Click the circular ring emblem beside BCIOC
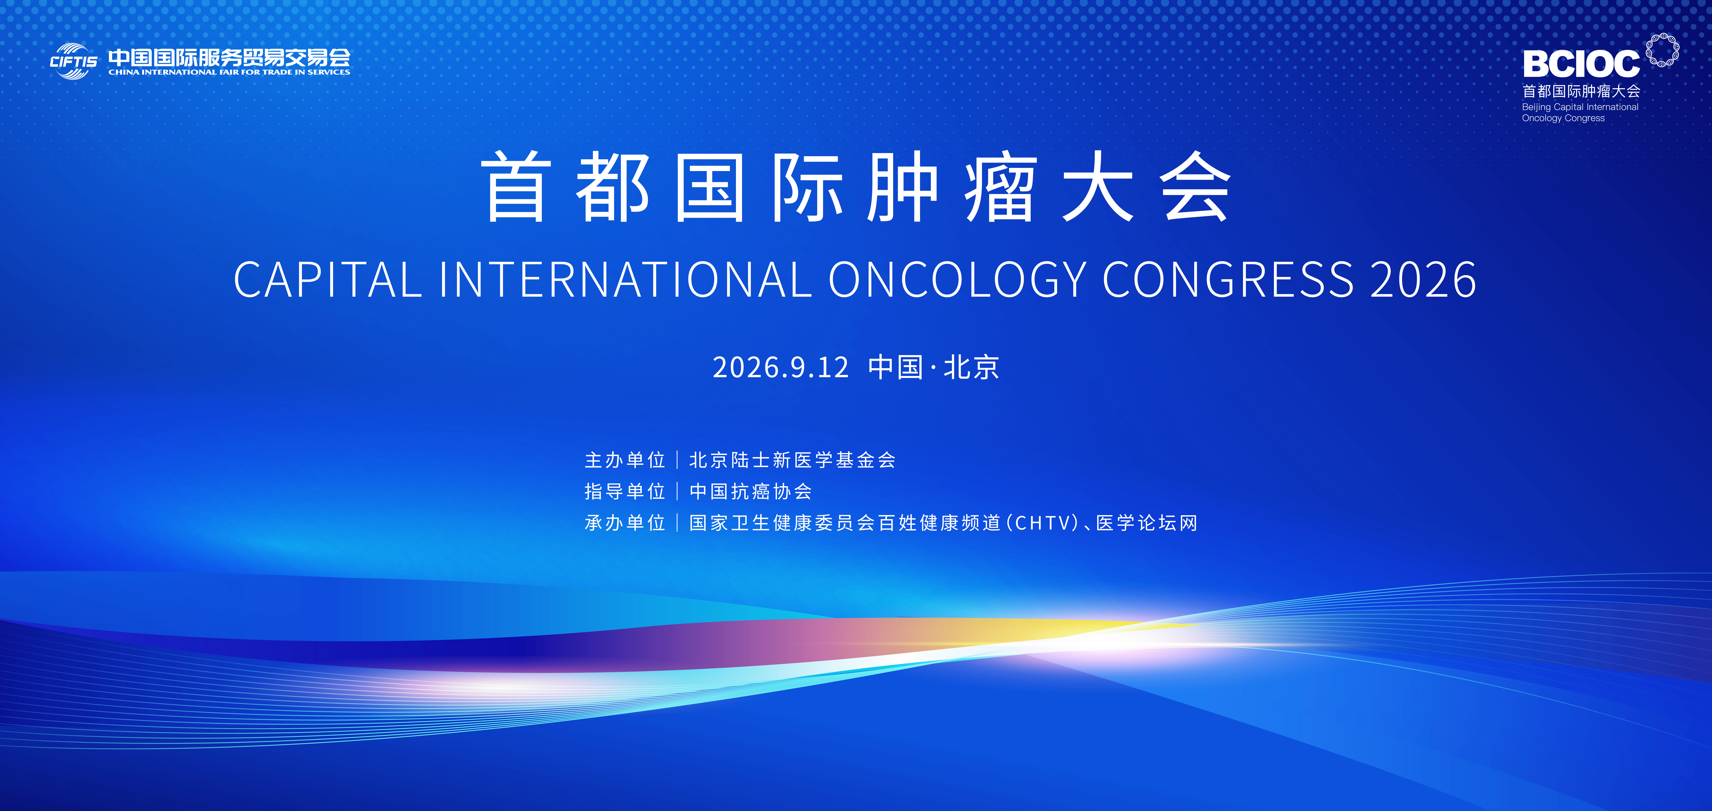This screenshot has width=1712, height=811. (1662, 50)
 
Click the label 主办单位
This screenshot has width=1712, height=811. (625, 460)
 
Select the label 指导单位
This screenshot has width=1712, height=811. (625, 491)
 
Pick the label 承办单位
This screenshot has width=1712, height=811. (625, 523)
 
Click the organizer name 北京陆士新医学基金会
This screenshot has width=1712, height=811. (792, 460)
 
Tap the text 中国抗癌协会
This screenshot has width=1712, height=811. (750, 491)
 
